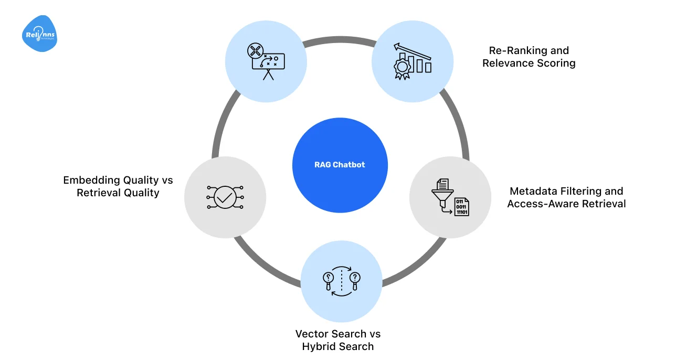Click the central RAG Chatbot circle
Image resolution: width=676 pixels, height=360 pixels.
pyautogui.click(x=340, y=164)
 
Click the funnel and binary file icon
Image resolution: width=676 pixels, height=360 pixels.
pyautogui.click(x=450, y=197)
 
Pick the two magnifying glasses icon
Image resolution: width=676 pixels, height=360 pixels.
pyautogui.click(x=341, y=281)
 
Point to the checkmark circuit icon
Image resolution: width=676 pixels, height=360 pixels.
pyautogui.click(x=225, y=197)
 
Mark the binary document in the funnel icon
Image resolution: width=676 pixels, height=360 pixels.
pyautogui.click(x=462, y=207)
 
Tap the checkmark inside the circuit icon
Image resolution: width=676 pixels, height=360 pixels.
pyautogui.click(x=225, y=197)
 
